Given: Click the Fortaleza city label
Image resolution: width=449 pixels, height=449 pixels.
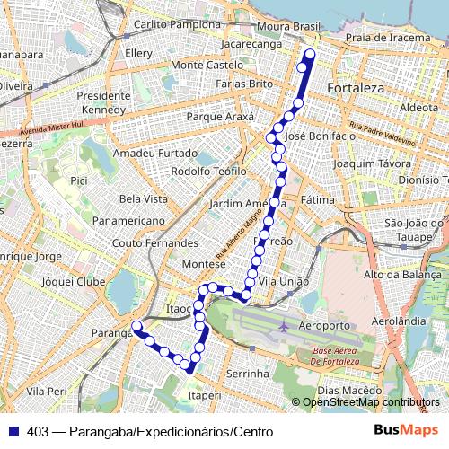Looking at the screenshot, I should [x=356, y=88].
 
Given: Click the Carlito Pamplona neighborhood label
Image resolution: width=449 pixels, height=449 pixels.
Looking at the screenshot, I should [x=175, y=24].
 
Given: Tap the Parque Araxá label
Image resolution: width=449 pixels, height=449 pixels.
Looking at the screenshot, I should [x=220, y=117].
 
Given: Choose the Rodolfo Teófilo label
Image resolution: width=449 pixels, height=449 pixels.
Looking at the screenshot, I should [x=208, y=171].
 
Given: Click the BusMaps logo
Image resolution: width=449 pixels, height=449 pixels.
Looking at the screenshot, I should [x=407, y=431].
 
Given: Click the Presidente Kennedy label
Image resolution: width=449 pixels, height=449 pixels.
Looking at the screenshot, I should [x=104, y=102].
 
